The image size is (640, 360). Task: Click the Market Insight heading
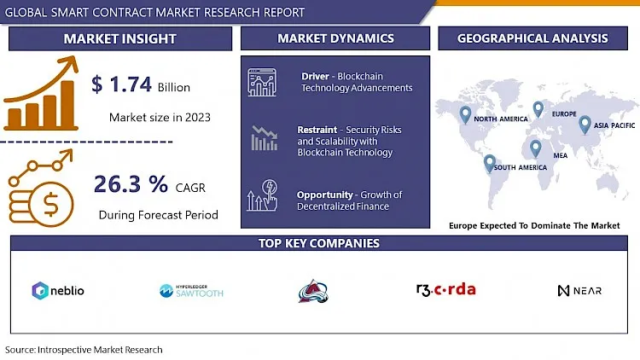120,38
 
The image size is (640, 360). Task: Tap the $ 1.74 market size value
121,84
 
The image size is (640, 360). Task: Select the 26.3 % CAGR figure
131,184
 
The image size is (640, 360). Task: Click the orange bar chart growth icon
41,94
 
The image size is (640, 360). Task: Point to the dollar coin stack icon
41,189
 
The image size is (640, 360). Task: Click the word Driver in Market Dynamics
315,76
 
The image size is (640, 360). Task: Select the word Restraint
317,130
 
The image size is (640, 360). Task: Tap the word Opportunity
324,195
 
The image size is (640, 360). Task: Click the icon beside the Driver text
262,83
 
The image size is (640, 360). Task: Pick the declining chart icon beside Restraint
265,138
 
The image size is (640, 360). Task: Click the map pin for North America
465,114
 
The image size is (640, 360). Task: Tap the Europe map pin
538,109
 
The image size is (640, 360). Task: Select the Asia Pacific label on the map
614,125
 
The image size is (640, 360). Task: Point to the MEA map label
560,155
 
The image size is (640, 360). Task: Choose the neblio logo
58,291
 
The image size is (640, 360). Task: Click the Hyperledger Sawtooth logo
191,291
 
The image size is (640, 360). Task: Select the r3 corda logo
445,289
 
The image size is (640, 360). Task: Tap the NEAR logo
579,291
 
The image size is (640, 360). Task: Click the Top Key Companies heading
319,243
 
